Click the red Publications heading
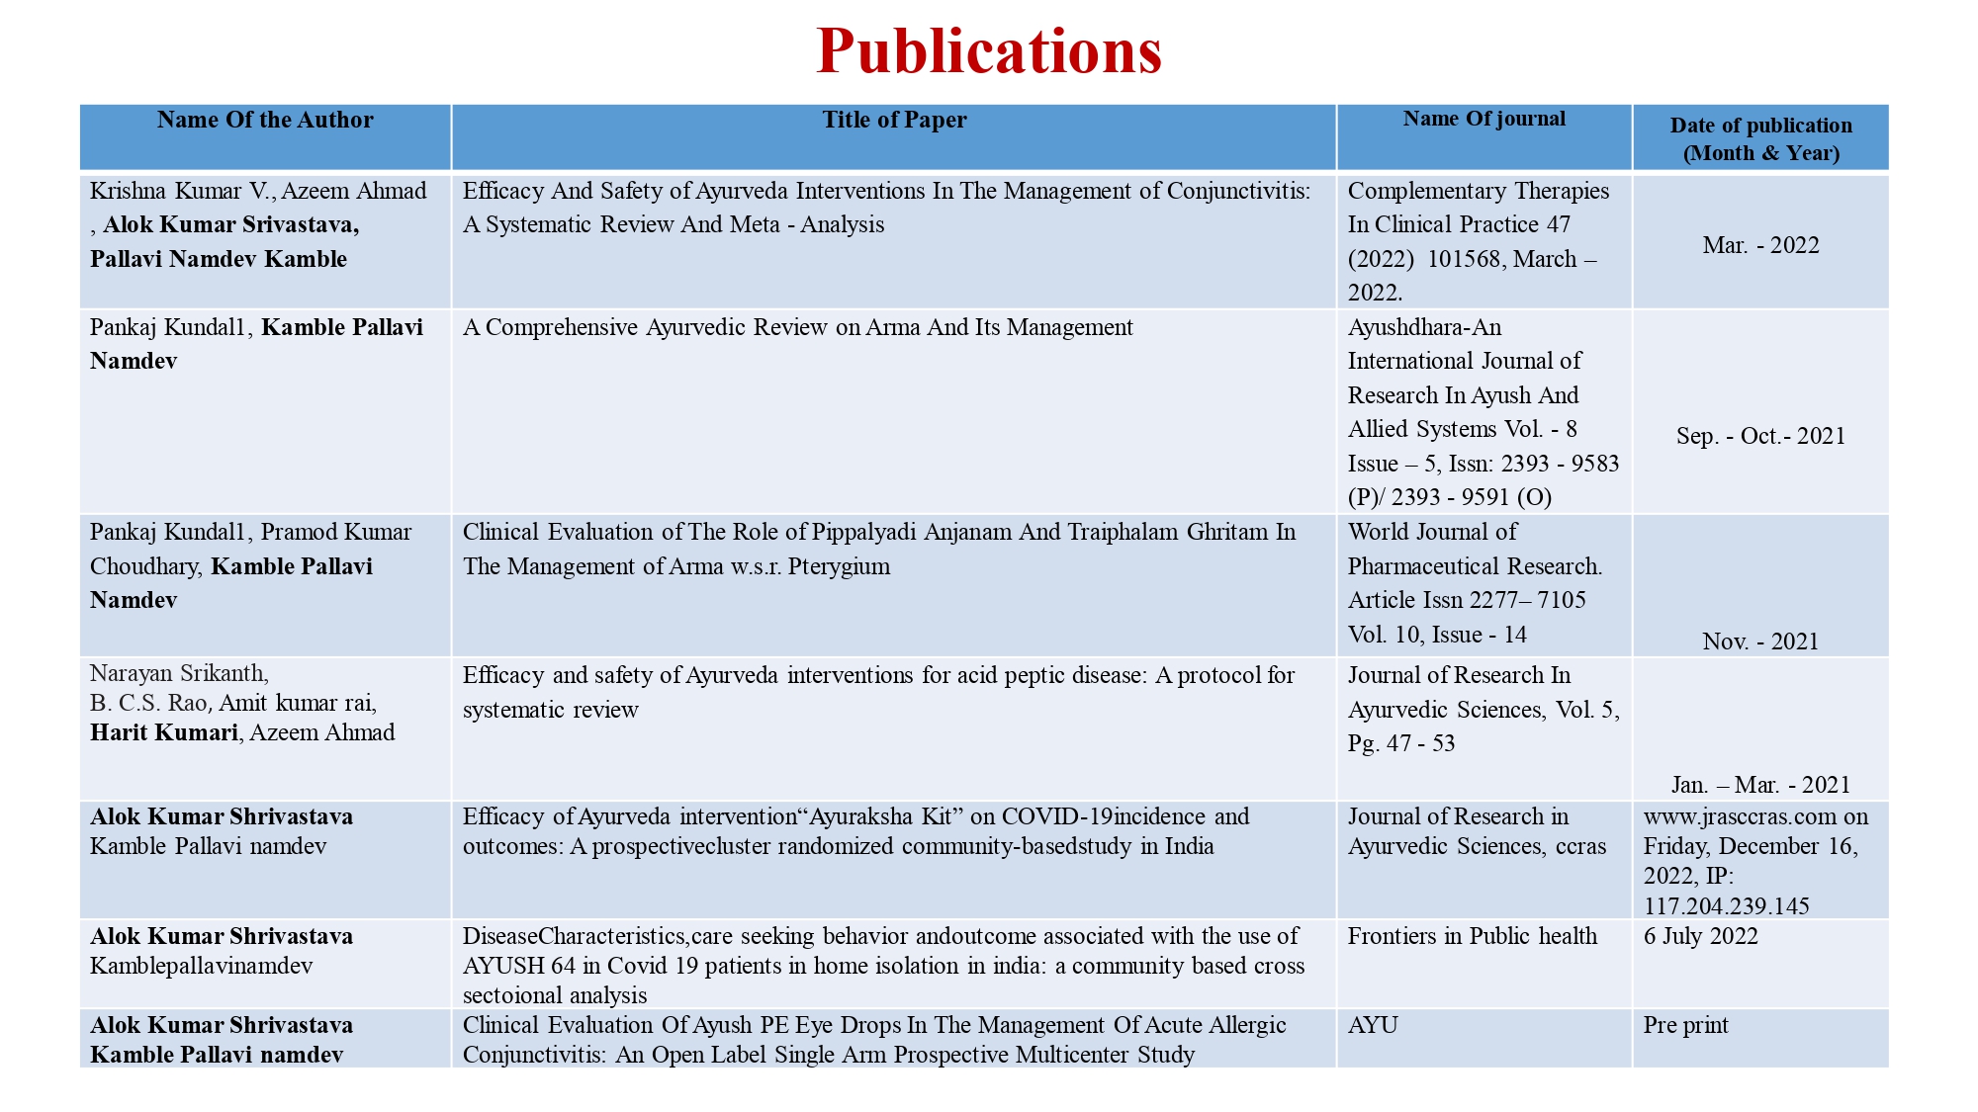point(989,51)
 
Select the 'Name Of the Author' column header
point(265,121)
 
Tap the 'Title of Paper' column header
point(894,121)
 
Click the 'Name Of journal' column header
point(1483,120)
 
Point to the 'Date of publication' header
point(1760,138)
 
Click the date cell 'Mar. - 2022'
point(1760,245)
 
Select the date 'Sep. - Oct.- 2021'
point(1760,436)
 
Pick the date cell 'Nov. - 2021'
point(1760,642)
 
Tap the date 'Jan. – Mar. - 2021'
point(1760,785)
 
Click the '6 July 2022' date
point(1701,936)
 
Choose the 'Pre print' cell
point(1685,1025)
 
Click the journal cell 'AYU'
point(1373,1025)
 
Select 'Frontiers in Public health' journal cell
point(1472,936)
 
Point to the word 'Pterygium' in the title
point(839,566)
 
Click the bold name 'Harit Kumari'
point(164,732)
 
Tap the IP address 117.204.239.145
point(1726,906)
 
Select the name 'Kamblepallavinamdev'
point(201,966)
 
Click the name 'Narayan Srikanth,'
point(179,673)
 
